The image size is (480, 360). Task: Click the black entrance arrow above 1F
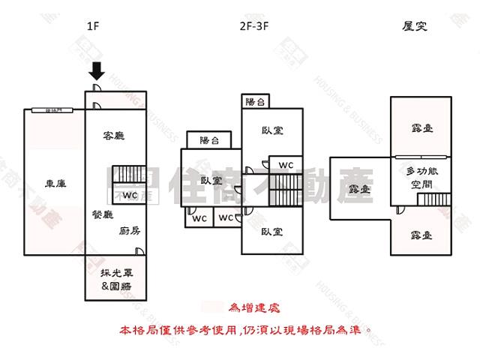(x=96, y=72)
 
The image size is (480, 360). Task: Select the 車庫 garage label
(x=55, y=183)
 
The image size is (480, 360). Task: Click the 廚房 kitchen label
(x=130, y=231)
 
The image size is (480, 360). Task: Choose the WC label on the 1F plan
(x=130, y=195)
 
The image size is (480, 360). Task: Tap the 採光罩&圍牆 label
(x=115, y=278)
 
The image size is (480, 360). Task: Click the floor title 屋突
(x=415, y=28)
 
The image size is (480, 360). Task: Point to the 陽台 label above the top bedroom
(x=255, y=102)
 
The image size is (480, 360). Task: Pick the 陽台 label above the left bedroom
(x=209, y=140)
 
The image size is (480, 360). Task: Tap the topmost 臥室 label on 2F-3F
(x=272, y=130)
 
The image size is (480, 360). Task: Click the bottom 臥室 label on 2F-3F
(x=272, y=232)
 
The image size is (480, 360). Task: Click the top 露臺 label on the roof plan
(x=421, y=127)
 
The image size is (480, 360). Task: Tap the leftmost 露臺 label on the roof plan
(x=361, y=190)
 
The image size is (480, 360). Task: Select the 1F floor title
(x=93, y=28)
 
